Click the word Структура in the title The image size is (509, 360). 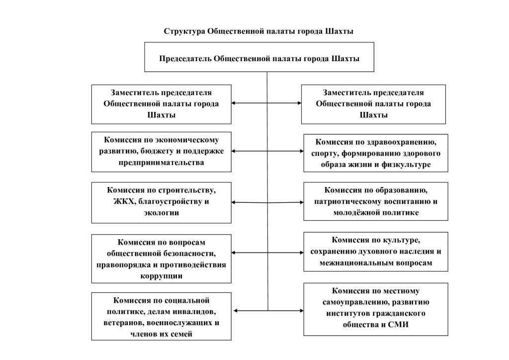coord(183,32)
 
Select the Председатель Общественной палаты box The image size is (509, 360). coord(259,57)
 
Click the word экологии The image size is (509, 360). coord(162,213)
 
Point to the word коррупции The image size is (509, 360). coord(161,275)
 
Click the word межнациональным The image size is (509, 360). coord(350,262)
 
